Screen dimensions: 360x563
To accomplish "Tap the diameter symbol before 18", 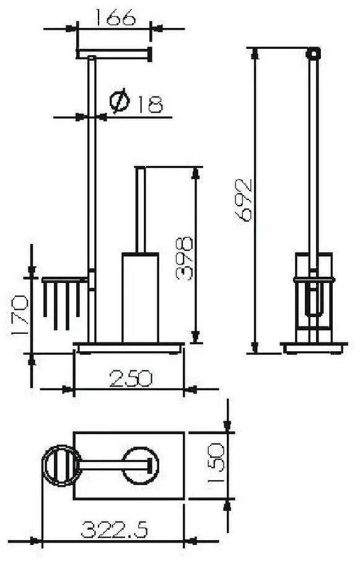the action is coord(120,100).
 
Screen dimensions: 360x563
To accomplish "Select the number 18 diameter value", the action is coord(149,104).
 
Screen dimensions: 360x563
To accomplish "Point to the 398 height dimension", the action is coord(184,258).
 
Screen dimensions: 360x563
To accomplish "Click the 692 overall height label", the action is coord(243,200).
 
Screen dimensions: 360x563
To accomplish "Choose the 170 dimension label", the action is coord(19,315).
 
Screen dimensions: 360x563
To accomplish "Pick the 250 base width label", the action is coord(131,378).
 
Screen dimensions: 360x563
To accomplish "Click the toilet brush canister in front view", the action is coord(140,298).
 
